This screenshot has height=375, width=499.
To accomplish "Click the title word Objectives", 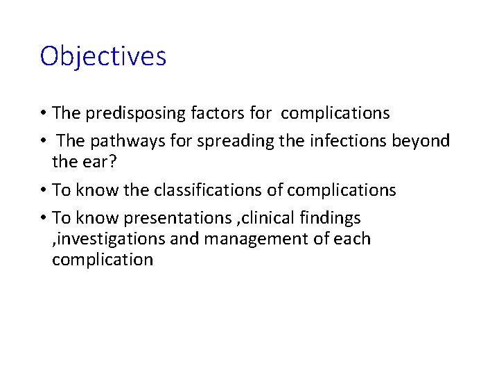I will coord(103,56).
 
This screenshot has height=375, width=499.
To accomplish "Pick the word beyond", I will coord(421,141).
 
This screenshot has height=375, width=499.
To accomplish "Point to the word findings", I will coord(333,218).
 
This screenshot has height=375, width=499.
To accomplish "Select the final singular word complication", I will coord(103,260).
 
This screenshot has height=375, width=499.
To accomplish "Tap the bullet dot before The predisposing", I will coord(43,114).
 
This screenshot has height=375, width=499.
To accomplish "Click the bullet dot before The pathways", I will coord(43,142).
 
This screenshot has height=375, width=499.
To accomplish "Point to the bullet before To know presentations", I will coord(43,219).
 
